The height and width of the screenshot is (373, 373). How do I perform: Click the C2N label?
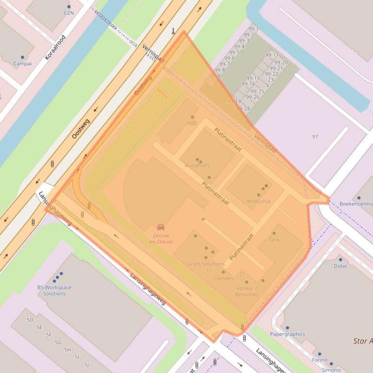coord(69,14)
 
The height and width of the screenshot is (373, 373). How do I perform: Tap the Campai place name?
coord(22,63)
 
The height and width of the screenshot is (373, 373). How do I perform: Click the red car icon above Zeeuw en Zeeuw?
coord(161,227)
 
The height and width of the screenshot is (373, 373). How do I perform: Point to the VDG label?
coord(192,124)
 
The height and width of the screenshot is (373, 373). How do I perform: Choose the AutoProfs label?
coord(197,166)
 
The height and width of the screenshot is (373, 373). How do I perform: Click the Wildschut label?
coord(259,201)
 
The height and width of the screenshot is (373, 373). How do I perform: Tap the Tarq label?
coord(274,240)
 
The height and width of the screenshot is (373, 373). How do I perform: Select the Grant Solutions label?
coord(206,264)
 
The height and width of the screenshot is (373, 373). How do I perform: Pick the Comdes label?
coord(223,279)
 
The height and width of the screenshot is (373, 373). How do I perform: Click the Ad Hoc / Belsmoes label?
coord(246,292)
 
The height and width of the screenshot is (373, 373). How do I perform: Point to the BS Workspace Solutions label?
coord(54,290)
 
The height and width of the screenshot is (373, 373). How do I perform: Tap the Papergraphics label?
coord(287,334)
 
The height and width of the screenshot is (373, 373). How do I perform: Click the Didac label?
coord(341,266)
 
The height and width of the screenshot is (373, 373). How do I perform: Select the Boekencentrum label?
coord(356,204)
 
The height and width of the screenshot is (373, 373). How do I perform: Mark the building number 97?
coord(315,137)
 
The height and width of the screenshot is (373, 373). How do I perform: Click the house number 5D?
coord(30,320)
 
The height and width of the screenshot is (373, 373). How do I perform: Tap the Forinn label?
coord(319,360)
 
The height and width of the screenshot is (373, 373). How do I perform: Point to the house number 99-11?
coord(272,55)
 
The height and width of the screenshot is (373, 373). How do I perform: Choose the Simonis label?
coord(331,370)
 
